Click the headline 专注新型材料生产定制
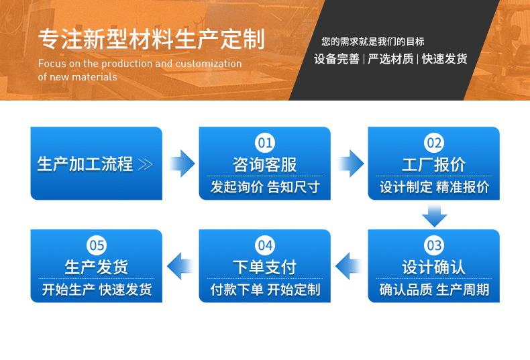tap(151, 38)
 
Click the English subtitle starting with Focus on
tap(140, 70)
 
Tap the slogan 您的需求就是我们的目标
tap(372, 42)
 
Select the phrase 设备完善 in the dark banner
tap(336, 59)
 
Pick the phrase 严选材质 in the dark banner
tap(390, 59)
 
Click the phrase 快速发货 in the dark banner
tap(444, 59)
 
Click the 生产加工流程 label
tap(85, 164)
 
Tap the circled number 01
tap(265, 142)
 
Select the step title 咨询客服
tap(265, 164)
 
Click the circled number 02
tap(434, 142)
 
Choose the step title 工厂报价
tap(434, 164)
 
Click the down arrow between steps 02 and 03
tap(434, 215)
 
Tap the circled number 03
tap(434, 245)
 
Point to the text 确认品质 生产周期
tap(434, 290)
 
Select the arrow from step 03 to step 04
tap(349, 266)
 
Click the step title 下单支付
tap(265, 267)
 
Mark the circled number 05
tap(97, 245)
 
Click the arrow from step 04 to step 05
tap(180, 266)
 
